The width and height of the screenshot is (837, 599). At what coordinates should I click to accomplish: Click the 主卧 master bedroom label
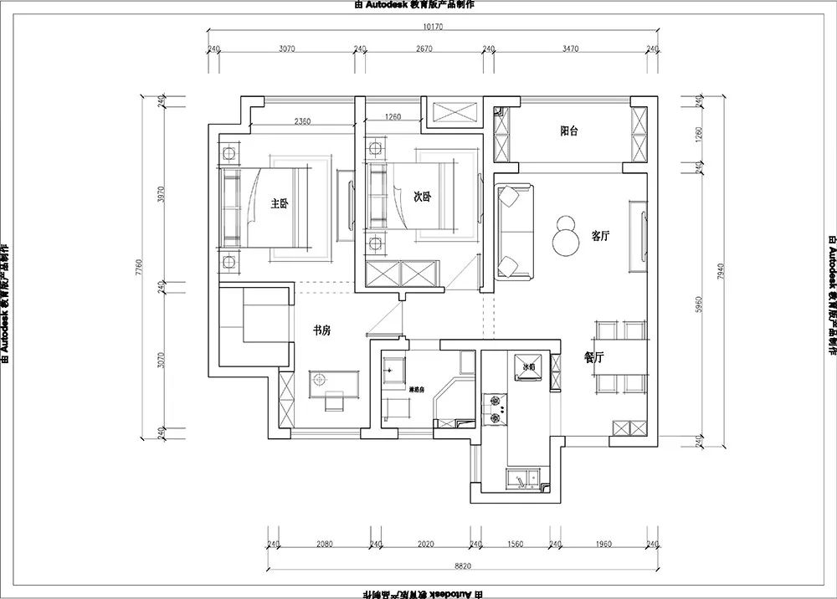pos(280,203)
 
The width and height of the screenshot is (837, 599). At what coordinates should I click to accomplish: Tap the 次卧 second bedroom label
pos(423,197)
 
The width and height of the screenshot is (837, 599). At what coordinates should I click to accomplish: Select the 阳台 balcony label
pos(570,131)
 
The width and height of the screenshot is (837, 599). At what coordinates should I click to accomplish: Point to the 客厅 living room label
pos(600,236)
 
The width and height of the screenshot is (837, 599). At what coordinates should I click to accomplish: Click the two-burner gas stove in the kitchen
pos(498,407)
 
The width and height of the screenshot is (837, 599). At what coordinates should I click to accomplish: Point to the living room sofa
pos(513,232)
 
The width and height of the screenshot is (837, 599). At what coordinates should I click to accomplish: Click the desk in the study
pos(334,381)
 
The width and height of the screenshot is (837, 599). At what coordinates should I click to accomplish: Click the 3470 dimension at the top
pos(570,49)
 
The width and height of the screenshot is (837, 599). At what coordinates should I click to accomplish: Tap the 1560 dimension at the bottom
pos(515,545)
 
